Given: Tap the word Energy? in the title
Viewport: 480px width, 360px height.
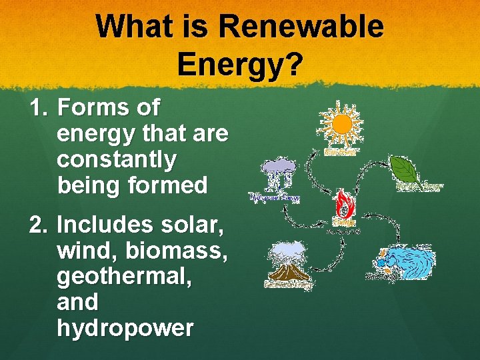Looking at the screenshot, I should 240,65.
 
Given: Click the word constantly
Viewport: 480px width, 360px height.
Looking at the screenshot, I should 117,159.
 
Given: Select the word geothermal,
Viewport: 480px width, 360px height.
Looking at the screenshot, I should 124,276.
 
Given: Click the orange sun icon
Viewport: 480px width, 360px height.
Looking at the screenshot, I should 341,125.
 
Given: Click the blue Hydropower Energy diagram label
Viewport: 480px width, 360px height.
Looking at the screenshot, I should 275,197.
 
